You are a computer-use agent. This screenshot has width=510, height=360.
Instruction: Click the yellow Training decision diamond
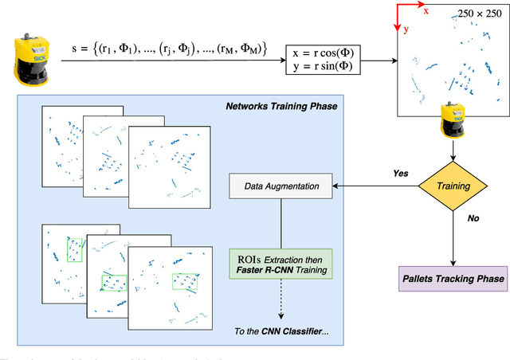[x=452, y=187]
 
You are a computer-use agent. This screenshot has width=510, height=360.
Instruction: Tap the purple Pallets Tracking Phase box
[x=452, y=279]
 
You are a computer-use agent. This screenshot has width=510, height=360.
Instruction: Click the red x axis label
[x=426, y=11]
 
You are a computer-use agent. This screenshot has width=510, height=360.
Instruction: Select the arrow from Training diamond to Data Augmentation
[x=375, y=187]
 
